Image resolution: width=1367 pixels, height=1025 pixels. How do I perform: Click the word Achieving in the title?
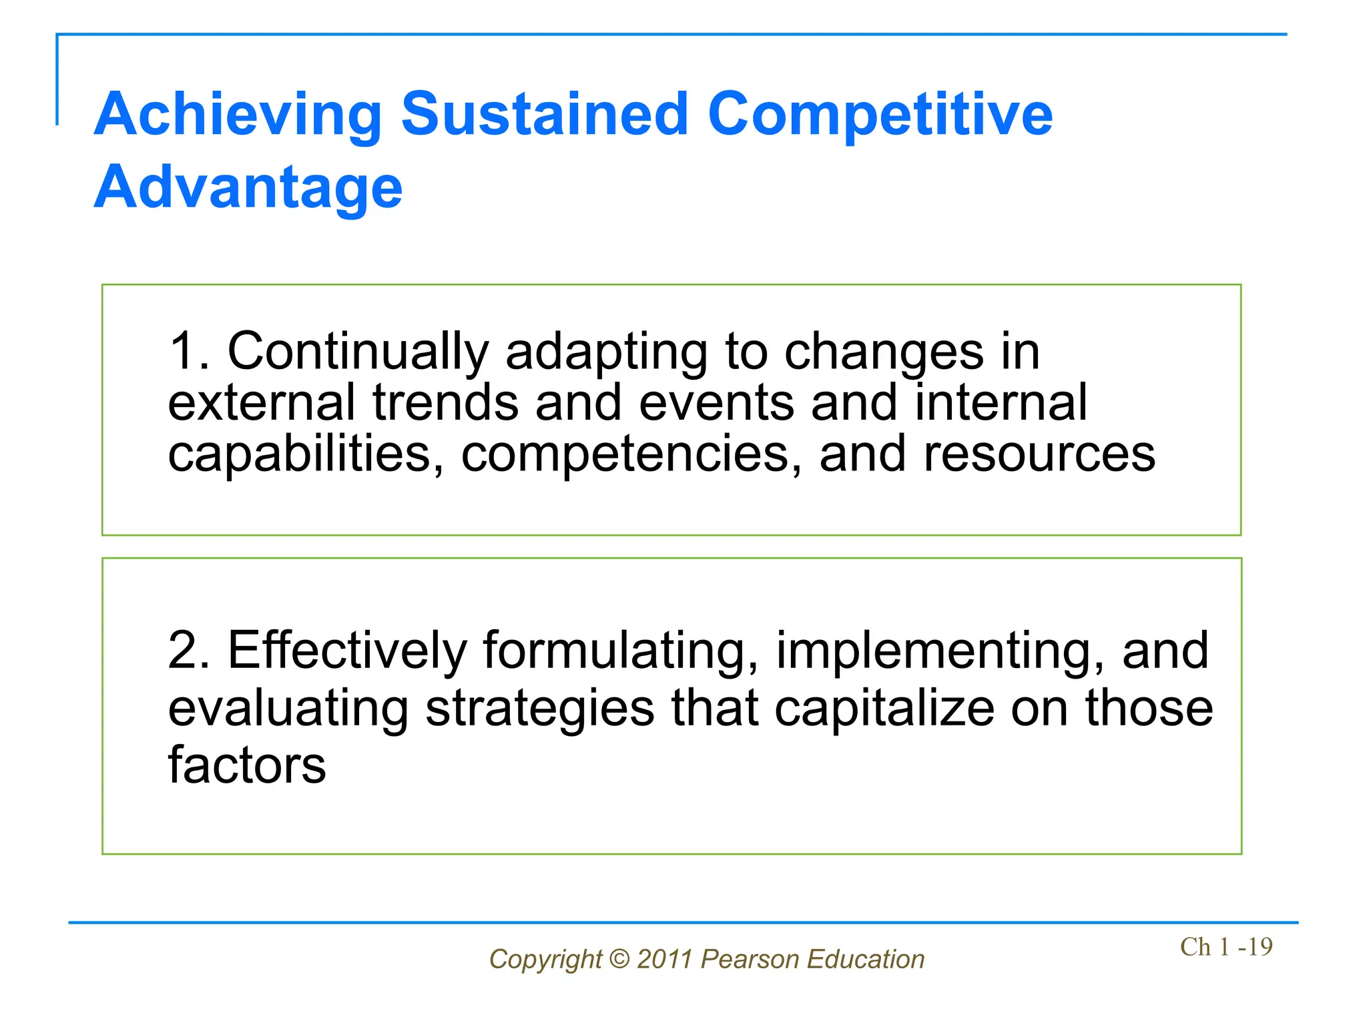[x=238, y=115]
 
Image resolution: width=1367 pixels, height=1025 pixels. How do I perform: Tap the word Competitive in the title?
[x=879, y=115]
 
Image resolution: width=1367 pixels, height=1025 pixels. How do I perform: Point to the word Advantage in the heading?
[x=248, y=188]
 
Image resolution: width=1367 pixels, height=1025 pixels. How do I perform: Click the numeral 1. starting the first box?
[x=188, y=351]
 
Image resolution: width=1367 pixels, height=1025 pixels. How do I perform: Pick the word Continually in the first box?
[x=358, y=352]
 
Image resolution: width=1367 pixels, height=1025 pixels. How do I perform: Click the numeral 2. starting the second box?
[x=189, y=650]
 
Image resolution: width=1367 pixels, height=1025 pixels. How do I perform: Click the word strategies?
[x=540, y=709]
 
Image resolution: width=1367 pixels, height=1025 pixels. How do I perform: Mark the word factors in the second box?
[x=247, y=765]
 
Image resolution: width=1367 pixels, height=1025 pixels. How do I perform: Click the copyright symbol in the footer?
[x=619, y=960]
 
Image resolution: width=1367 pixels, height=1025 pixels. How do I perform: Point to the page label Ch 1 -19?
[x=1225, y=947]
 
